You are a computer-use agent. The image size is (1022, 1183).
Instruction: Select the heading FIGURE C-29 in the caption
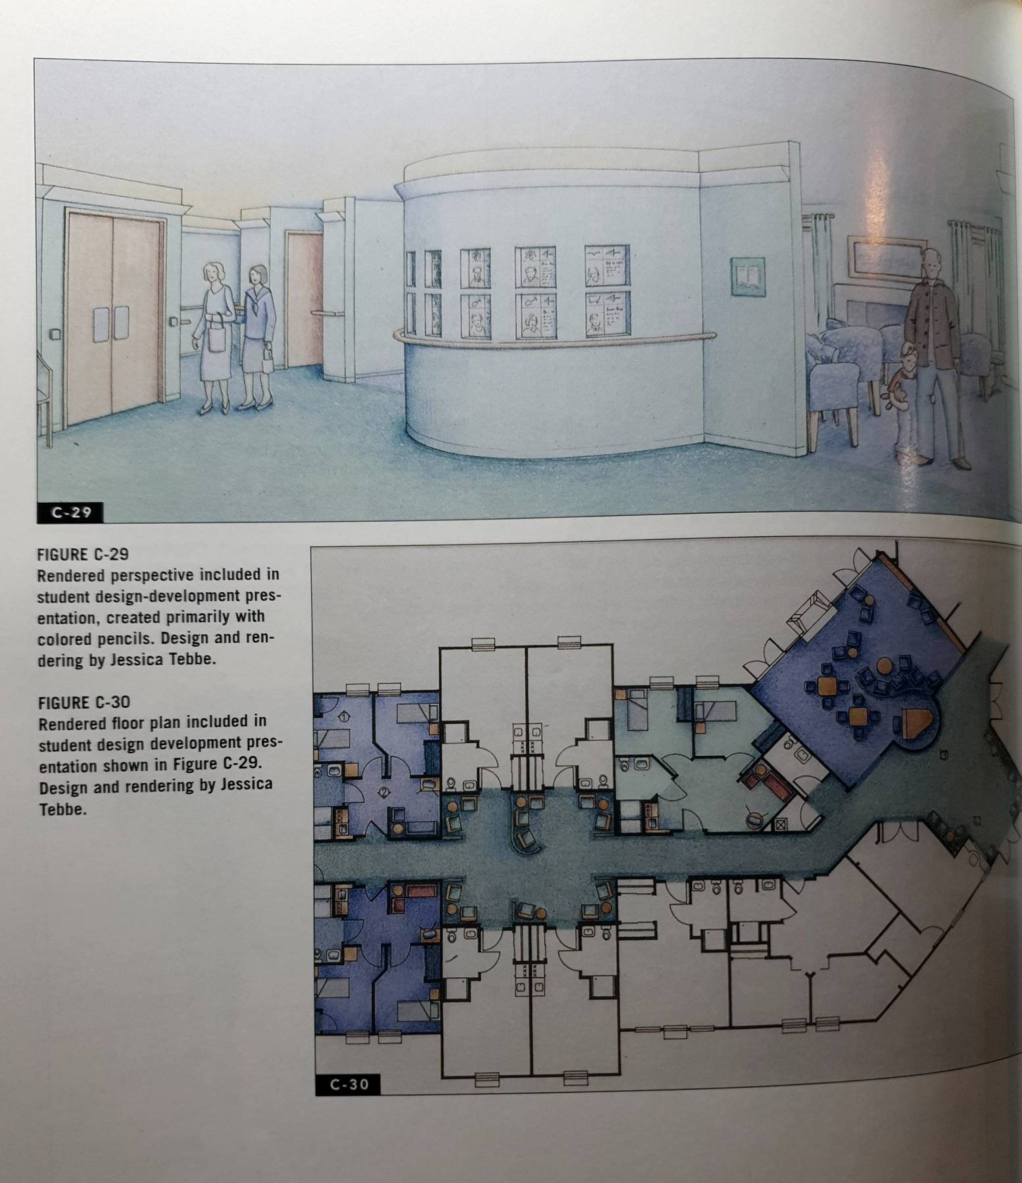pyautogui.click(x=83, y=553)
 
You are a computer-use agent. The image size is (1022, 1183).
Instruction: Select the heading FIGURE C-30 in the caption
pyautogui.click(x=83, y=702)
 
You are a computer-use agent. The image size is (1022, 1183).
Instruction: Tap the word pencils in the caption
pyautogui.click(x=126, y=638)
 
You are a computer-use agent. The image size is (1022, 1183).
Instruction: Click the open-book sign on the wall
pyautogui.click(x=748, y=276)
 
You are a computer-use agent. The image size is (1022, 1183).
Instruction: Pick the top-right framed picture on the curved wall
pyautogui.click(x=606, y=266)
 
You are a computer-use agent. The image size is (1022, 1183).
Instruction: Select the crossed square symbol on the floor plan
pyautogui.click(x=781, y=823)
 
